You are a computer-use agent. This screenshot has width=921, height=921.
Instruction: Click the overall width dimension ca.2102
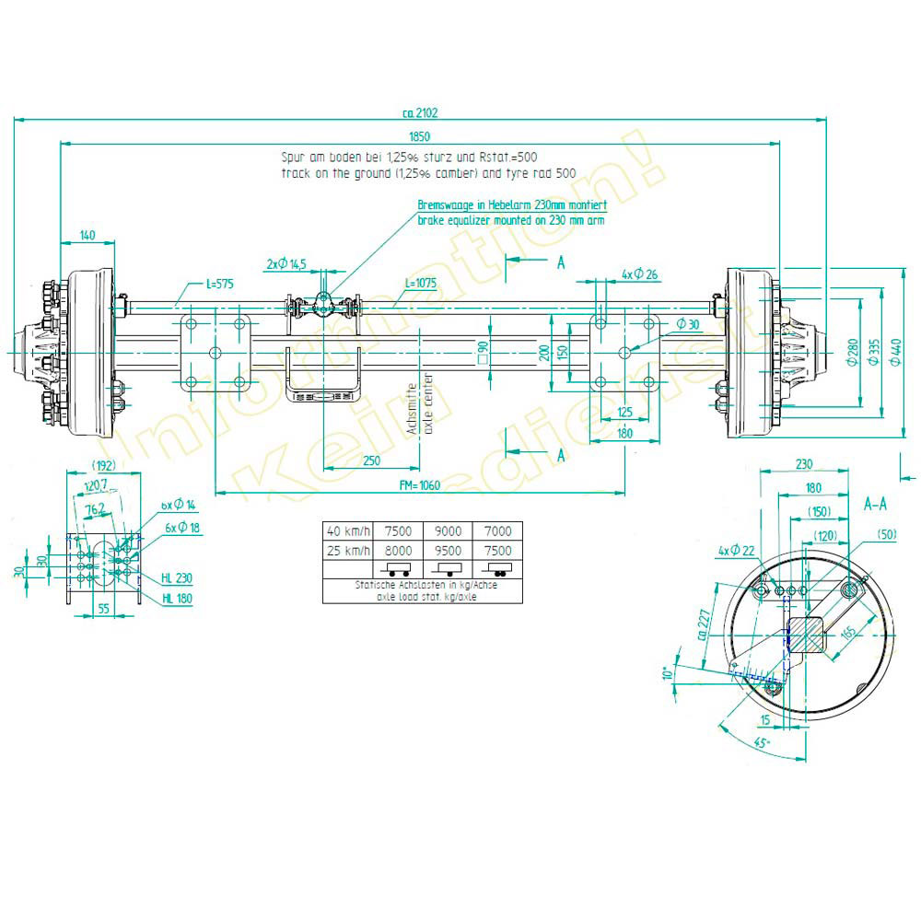420,114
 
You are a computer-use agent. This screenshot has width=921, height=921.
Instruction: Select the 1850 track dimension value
419,137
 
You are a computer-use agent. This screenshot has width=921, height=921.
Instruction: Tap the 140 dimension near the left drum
87,237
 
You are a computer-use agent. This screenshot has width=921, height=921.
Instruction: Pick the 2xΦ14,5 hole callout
286,264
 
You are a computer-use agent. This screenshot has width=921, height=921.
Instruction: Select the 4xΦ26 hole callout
640,274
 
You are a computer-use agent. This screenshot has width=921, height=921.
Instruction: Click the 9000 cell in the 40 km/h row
448,530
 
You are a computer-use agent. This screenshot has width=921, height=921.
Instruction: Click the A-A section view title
874,505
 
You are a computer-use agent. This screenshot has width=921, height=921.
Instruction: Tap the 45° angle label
761,743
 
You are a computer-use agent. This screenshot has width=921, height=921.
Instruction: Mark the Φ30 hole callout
688,323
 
